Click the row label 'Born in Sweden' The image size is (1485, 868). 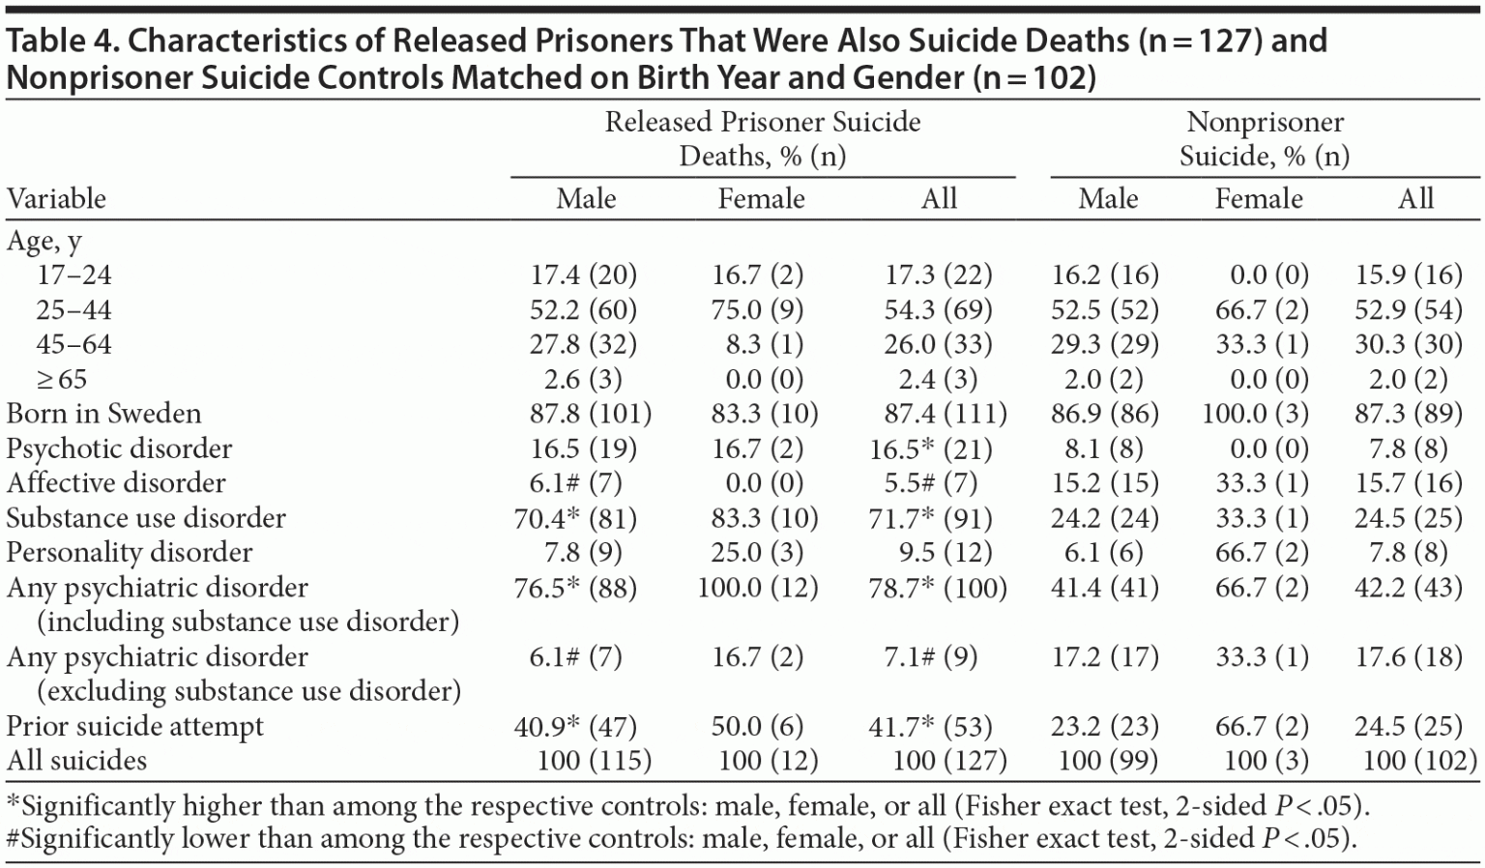[x=103, y=414]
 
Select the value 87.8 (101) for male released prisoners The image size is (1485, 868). [x=590, y=414]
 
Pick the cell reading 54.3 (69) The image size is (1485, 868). [x=938, y=310]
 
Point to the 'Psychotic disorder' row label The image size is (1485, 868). [x=119, y=448]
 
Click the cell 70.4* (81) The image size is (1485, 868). [x=575, y=518]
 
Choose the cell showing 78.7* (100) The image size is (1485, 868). [x=938, y=588]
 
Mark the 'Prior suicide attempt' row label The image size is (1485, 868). [x=134, y=727]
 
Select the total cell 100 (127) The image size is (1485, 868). [x=949, y=761]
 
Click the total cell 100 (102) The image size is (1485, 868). [x=1419, y=761]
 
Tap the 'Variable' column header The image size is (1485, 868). [x=56, y=199]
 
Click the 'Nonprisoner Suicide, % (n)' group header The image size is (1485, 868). [x=1265, y=138]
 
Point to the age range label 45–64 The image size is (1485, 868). [x=74, y=345]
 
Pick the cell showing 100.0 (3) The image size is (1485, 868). [x=1255, y=414]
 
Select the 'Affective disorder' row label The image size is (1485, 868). [x=115, y=483]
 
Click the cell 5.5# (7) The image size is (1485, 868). [x=930, y=483]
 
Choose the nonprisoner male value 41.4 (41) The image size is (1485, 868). [x=1104, y=588]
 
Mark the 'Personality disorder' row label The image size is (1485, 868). [x=129, y=553]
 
